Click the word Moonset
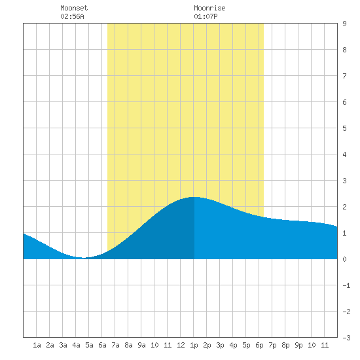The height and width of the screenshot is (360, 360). [x=74, y=8]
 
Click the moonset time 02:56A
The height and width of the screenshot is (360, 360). [x=72, y=16]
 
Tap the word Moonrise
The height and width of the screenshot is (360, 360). [x=209, y=8]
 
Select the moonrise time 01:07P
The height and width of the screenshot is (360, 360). [x=206, y=16]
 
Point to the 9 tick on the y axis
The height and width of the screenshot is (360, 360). [x=344, y=24]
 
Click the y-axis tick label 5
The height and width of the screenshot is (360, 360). [x=344, y=128]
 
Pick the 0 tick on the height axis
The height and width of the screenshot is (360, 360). [x=344, y=259]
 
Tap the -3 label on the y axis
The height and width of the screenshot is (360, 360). [x=346, y=338]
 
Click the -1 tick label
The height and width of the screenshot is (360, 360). [x=346, y=285]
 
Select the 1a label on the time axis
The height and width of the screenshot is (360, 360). [x=37, y=345]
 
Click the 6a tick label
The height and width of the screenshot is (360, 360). [x=102, y=345]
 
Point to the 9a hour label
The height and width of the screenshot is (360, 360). [x=141, y=345]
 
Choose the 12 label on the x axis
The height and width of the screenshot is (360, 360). [x=181, y=345]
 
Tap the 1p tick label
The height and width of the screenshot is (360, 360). [x=194, y=345]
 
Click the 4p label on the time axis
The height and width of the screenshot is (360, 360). [x=233, y=345]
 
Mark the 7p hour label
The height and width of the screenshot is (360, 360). [x=272, y=345]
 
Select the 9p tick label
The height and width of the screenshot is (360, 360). [x=298, y=345]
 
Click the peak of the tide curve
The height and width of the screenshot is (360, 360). [x=194, y=197]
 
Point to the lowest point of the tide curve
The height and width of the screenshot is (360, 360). [x=83, y=258]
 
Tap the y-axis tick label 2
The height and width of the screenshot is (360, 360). [x=344, y=207]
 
